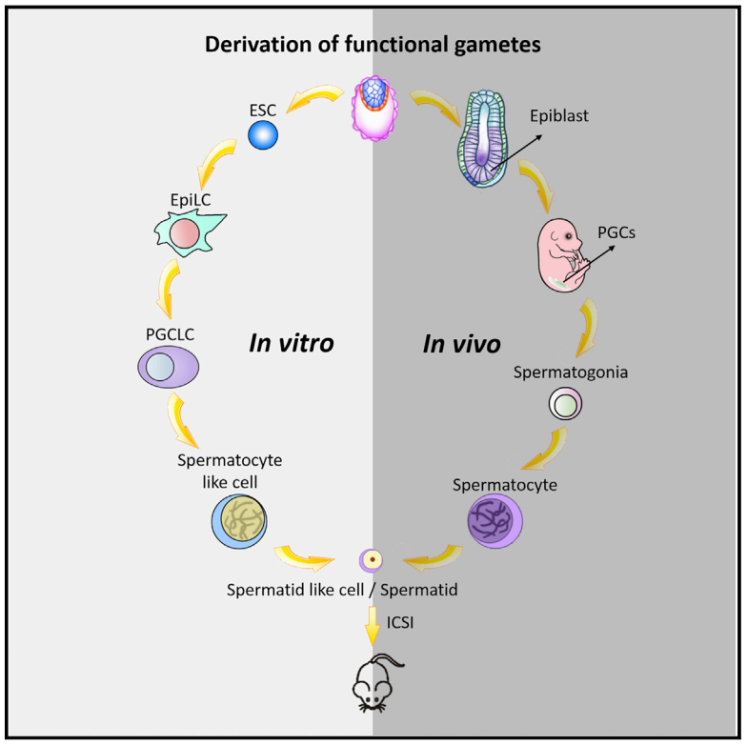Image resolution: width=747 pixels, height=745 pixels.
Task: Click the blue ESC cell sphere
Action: [x=262, y=135]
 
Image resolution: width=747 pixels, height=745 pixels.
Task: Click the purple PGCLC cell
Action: [x=171, y=367]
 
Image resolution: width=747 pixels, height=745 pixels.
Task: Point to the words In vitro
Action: [x=292, y=343]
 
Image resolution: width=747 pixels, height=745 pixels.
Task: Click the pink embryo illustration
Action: [x=565, y=256]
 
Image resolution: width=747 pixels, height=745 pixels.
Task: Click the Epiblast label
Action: [x=559, y=116]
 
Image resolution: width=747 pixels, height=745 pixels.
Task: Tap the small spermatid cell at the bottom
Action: [x=372, y=559]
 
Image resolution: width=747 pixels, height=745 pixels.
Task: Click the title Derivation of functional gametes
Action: [x=373, y=44]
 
